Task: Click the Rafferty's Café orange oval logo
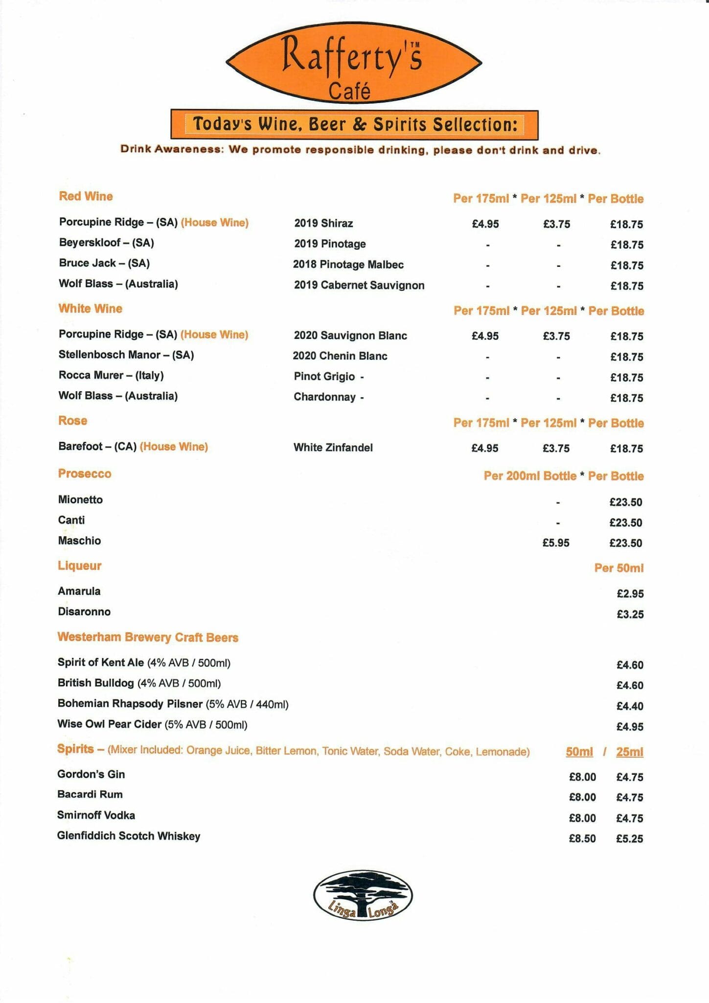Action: [x=353, y=63]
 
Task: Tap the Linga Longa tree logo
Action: [x=363, y=895]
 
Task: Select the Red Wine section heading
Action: [x=86, y=196]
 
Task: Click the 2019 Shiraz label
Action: [x=323, y=223]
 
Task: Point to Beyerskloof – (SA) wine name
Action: [x=106, y=242]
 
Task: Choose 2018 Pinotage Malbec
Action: [x=348, y=264]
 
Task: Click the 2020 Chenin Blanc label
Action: [x=340, y=356]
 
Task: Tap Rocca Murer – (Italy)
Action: [x=111, y=375]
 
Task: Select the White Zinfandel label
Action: [x=333, y=447]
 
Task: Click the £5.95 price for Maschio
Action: [x=556, y=543]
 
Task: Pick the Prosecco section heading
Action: [x=85, y=474]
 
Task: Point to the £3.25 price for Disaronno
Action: [x=630, y=614]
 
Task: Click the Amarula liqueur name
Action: [x=79, y=591]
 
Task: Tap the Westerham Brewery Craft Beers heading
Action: [x=148, y=637]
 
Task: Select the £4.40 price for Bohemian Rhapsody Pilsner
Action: [x=630, y=706]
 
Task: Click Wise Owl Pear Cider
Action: [x=110, y=724]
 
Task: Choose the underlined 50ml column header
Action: [x=579, y=752]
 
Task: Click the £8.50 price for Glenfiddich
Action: [x=582, y=838]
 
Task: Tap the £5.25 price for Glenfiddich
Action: [x=630, y=838]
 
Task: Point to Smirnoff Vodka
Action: [x=96, y=815]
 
